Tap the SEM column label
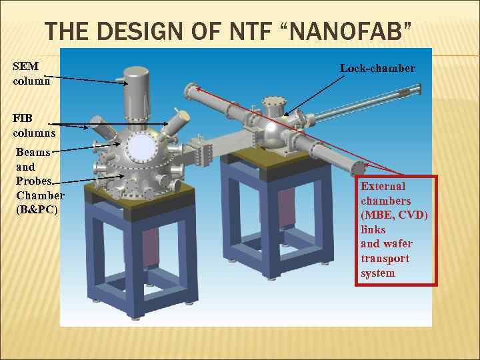[x=26, y=73]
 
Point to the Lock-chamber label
[x=377, y=68]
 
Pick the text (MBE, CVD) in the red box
[x=395, y=215]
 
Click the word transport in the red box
[x=385, y=259]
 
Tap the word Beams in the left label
[x=33, y=152]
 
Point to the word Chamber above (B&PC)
[x=40, y=195]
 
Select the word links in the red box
[x=373, y=229]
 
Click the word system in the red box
[x=378, y=273]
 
